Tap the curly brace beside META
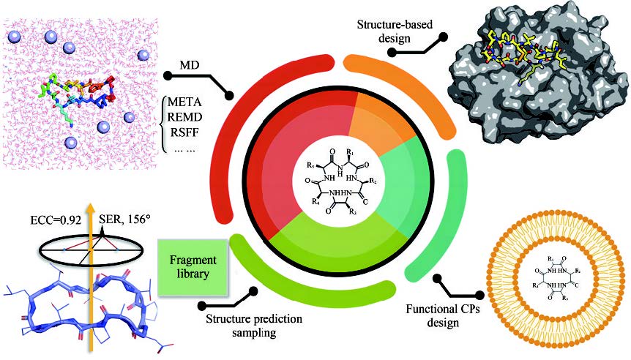tap(163, 118)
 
